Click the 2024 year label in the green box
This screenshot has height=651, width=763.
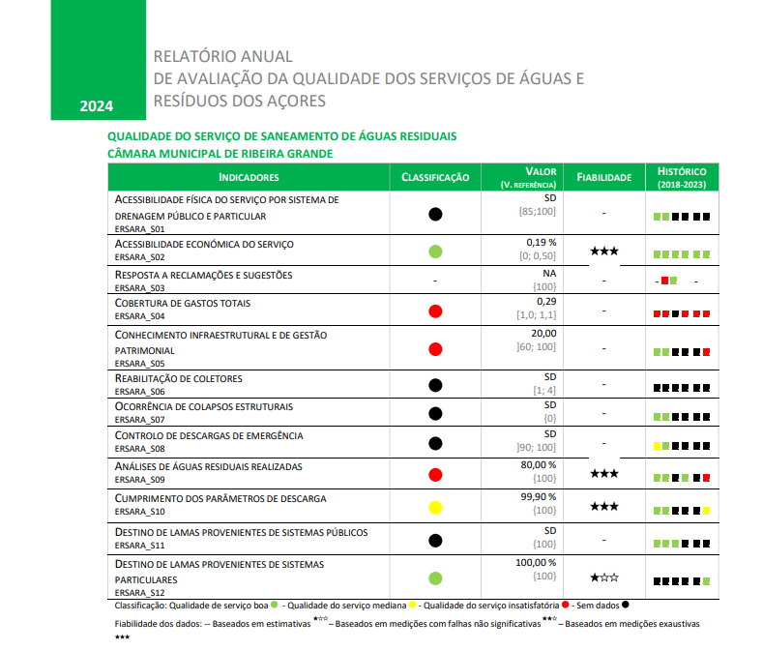point(97,105)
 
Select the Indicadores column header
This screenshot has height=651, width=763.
point(249,177)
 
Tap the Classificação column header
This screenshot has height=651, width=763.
point(435,177)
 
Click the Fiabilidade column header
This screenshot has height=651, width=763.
point(603,177)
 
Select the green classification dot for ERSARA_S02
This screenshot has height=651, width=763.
point(435,252)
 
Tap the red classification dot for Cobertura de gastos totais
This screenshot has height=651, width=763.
point(435,311)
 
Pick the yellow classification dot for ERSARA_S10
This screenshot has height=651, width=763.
point(435,506)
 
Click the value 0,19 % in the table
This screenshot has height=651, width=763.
point(542,243)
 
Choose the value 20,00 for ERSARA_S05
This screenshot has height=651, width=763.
point(544,333)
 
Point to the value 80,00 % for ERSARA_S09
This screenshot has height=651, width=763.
point(539,465)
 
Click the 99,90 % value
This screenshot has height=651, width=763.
point(539,497)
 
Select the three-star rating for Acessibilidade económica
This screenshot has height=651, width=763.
point(603,252)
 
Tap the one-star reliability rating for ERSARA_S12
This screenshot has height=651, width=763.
point(603,577)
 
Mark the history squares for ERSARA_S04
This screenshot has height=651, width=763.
point(682,314)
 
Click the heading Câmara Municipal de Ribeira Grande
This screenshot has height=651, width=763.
point(220,153)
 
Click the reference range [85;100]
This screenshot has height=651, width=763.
point(539,211)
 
